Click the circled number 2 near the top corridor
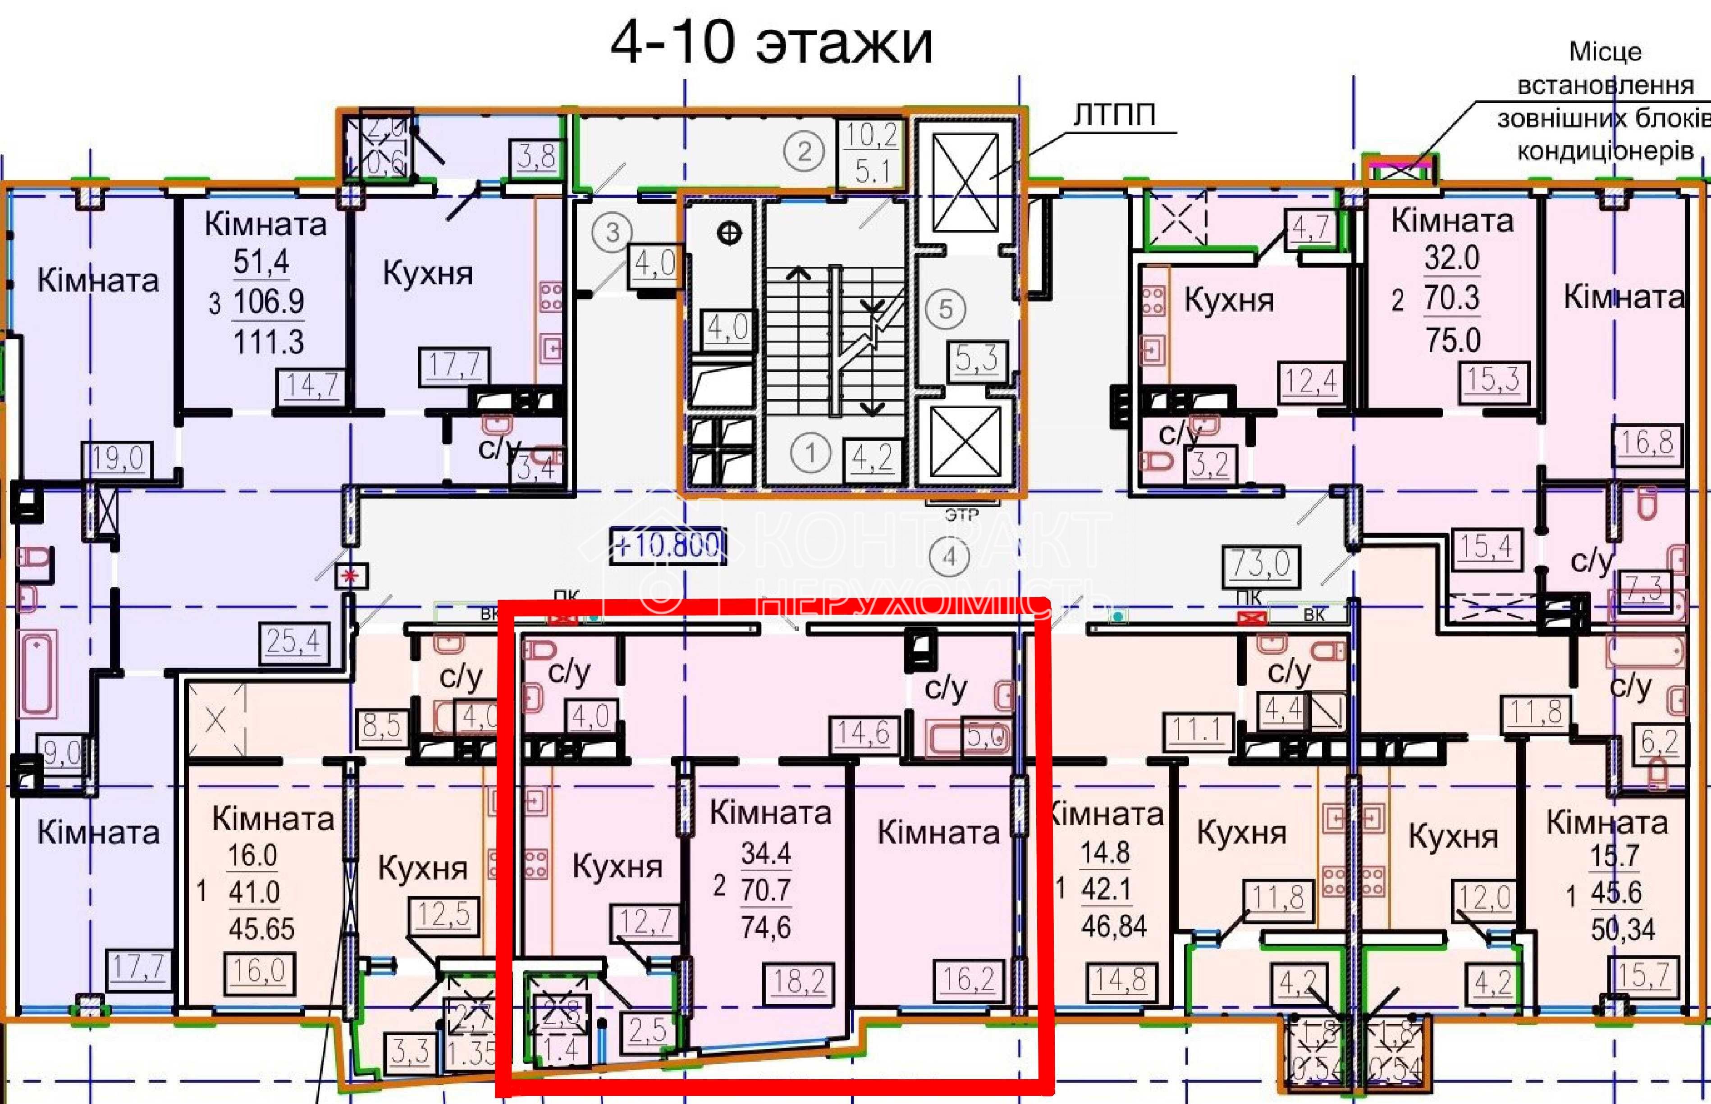804,152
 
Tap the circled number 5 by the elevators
946,309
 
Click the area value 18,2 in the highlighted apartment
800,981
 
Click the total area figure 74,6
766,928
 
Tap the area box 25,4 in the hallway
293,641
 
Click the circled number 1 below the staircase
810,453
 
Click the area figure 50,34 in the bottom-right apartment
1623,930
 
